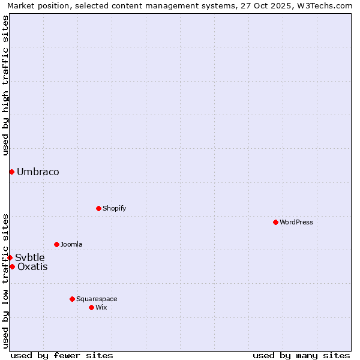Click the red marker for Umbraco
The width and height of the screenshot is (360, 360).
[11, 172]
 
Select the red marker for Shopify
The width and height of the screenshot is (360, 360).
[98, 208]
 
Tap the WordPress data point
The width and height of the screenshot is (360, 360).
[275, 222]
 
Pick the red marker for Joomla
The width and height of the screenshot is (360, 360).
[56, 244]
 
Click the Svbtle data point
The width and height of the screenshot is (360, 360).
[10, 257]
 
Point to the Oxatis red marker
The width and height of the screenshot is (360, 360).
[12, 266]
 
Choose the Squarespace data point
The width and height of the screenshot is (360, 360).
[72, 299]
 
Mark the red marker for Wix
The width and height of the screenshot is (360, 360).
[91, 307]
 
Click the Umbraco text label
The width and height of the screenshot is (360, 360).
[38, 172]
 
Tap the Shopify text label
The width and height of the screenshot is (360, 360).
[114, 208]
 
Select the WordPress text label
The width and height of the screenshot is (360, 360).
[296, 222]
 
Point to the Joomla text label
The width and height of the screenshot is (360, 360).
[71, 244]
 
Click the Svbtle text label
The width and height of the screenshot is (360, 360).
[30, 257]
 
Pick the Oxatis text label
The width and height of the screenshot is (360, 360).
[32, 266]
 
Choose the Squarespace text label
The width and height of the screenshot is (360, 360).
[97, 299]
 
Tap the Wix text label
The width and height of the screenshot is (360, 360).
[101, 307]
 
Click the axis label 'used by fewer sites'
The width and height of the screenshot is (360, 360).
[62, 355]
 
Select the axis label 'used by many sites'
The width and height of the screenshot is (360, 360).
[301, 355]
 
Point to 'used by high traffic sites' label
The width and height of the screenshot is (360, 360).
[5, 85]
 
